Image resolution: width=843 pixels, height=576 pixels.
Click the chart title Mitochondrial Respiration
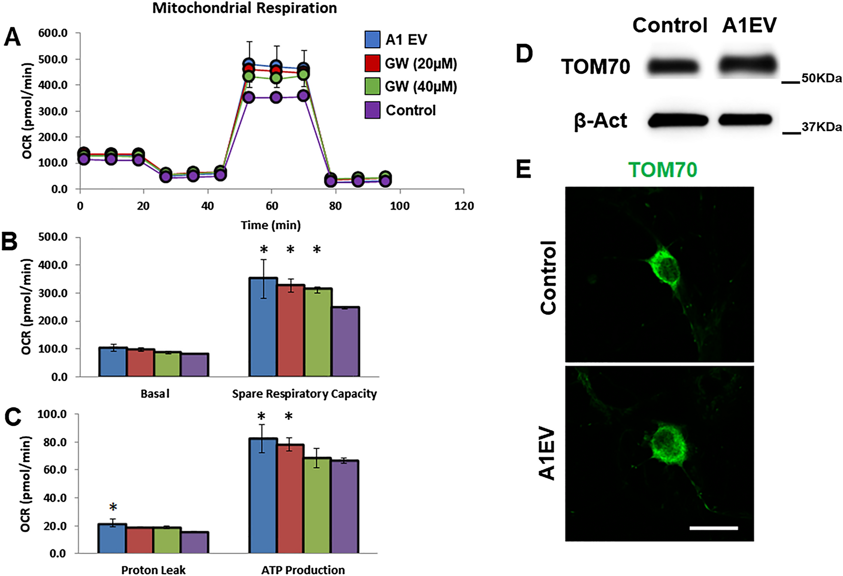point(244,8)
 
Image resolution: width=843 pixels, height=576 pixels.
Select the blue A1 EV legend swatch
point(372,40)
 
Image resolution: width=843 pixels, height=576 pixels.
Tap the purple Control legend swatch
point(372,110)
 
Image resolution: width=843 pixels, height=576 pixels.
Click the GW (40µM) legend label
point(421,87)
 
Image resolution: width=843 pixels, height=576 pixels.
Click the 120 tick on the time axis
point(464,206)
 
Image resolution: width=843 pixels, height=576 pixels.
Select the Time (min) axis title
point(271,225)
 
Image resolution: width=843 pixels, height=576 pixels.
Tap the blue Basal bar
point(112,362)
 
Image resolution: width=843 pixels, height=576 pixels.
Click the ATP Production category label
point(303,570)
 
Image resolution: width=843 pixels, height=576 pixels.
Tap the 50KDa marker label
point(822,78)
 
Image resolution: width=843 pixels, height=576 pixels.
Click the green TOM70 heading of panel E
point(662,170)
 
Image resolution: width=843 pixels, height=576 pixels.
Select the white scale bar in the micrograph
point(713,528)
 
